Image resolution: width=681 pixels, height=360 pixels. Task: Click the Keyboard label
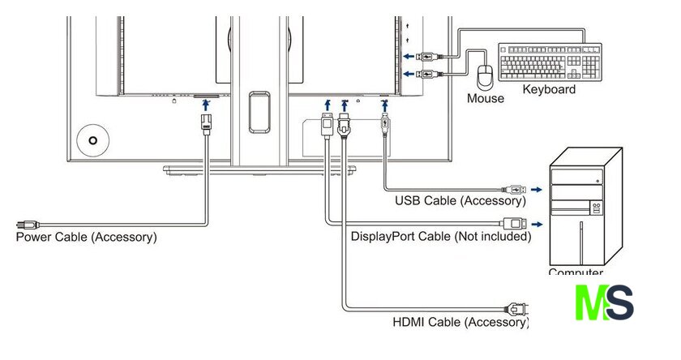[x=549, y=89]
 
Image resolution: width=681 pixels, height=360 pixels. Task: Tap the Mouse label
[x=486, y=99]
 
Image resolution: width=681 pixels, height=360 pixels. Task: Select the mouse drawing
[x=486, y=77]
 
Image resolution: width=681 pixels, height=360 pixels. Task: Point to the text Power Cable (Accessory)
[x=87, y=238]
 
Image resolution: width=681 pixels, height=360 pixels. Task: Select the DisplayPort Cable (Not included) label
[x=441, y=237]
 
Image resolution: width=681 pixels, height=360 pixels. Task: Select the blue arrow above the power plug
[x=205, y=104]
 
